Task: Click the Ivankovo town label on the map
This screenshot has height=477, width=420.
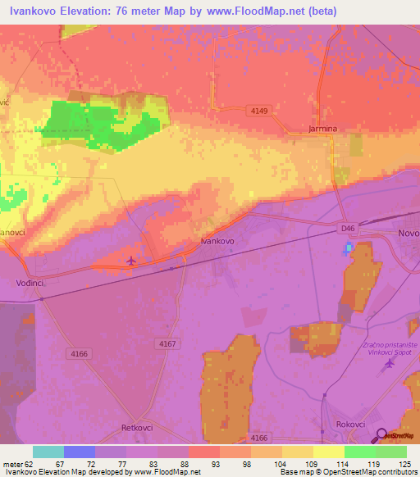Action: tap(218, 242)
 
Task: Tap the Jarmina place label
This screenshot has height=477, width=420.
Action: tap(323, 129)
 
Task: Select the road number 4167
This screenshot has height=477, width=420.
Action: tap(167, 344)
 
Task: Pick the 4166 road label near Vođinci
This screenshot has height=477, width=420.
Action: tap(80, 353)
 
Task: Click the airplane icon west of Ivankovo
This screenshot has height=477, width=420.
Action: tap(131, 261)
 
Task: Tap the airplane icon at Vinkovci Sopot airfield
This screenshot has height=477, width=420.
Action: tap(389, 363)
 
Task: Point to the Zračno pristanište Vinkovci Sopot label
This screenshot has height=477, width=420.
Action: tap(390, 350)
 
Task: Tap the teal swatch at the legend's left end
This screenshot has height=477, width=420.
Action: tap(48, 452)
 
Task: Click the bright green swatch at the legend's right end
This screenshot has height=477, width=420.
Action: tap(390, 452)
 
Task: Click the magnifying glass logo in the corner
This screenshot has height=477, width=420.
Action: tap(381, 435)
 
